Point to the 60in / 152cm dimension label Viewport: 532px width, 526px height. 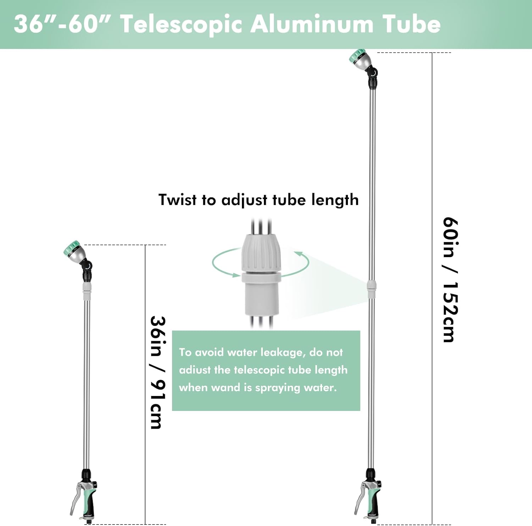450,280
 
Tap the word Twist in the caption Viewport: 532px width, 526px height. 177,200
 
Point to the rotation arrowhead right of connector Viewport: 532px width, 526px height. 299,253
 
